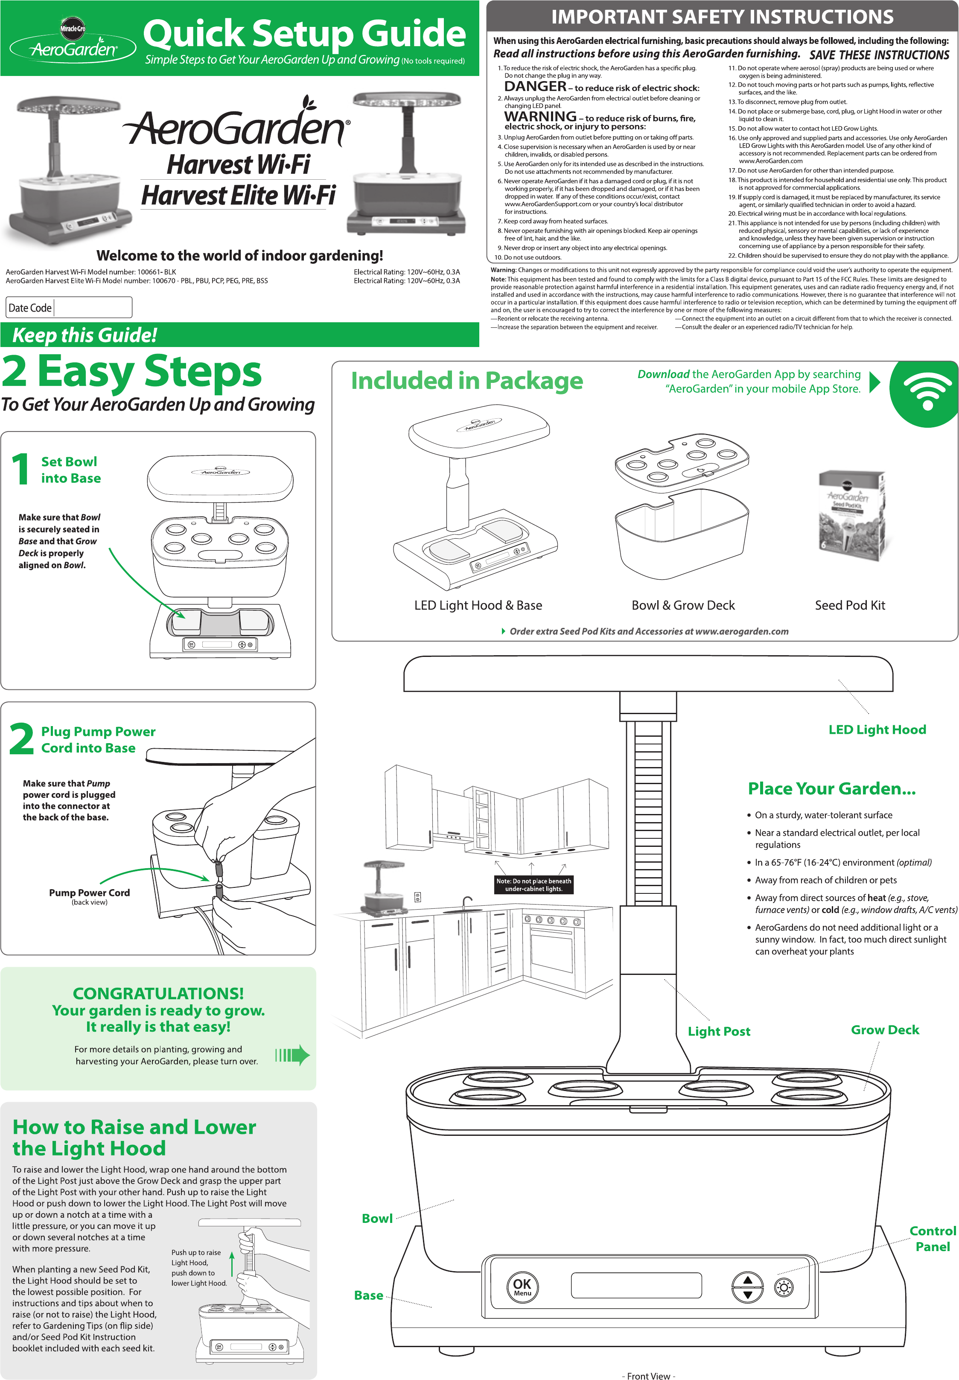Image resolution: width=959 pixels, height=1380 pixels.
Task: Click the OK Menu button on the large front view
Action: pos(522,1286)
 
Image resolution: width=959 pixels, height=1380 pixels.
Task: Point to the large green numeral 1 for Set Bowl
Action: pos(20,469)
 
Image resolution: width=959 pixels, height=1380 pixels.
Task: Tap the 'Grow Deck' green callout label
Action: pos(884,1030)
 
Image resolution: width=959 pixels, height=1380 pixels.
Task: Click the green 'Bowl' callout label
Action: pos(377,1218)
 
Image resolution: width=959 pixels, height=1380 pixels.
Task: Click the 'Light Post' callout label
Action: pos(719,1031)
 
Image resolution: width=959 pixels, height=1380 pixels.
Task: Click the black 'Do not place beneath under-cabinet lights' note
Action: pos(533,884)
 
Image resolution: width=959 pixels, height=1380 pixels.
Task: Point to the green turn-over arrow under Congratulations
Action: pos(293,1055)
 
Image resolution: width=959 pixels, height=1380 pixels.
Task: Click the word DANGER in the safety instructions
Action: pos(535,86)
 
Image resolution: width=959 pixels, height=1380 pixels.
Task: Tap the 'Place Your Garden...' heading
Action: pos(832,788)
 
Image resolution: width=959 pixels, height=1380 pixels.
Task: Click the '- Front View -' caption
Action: pos(648,1376)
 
